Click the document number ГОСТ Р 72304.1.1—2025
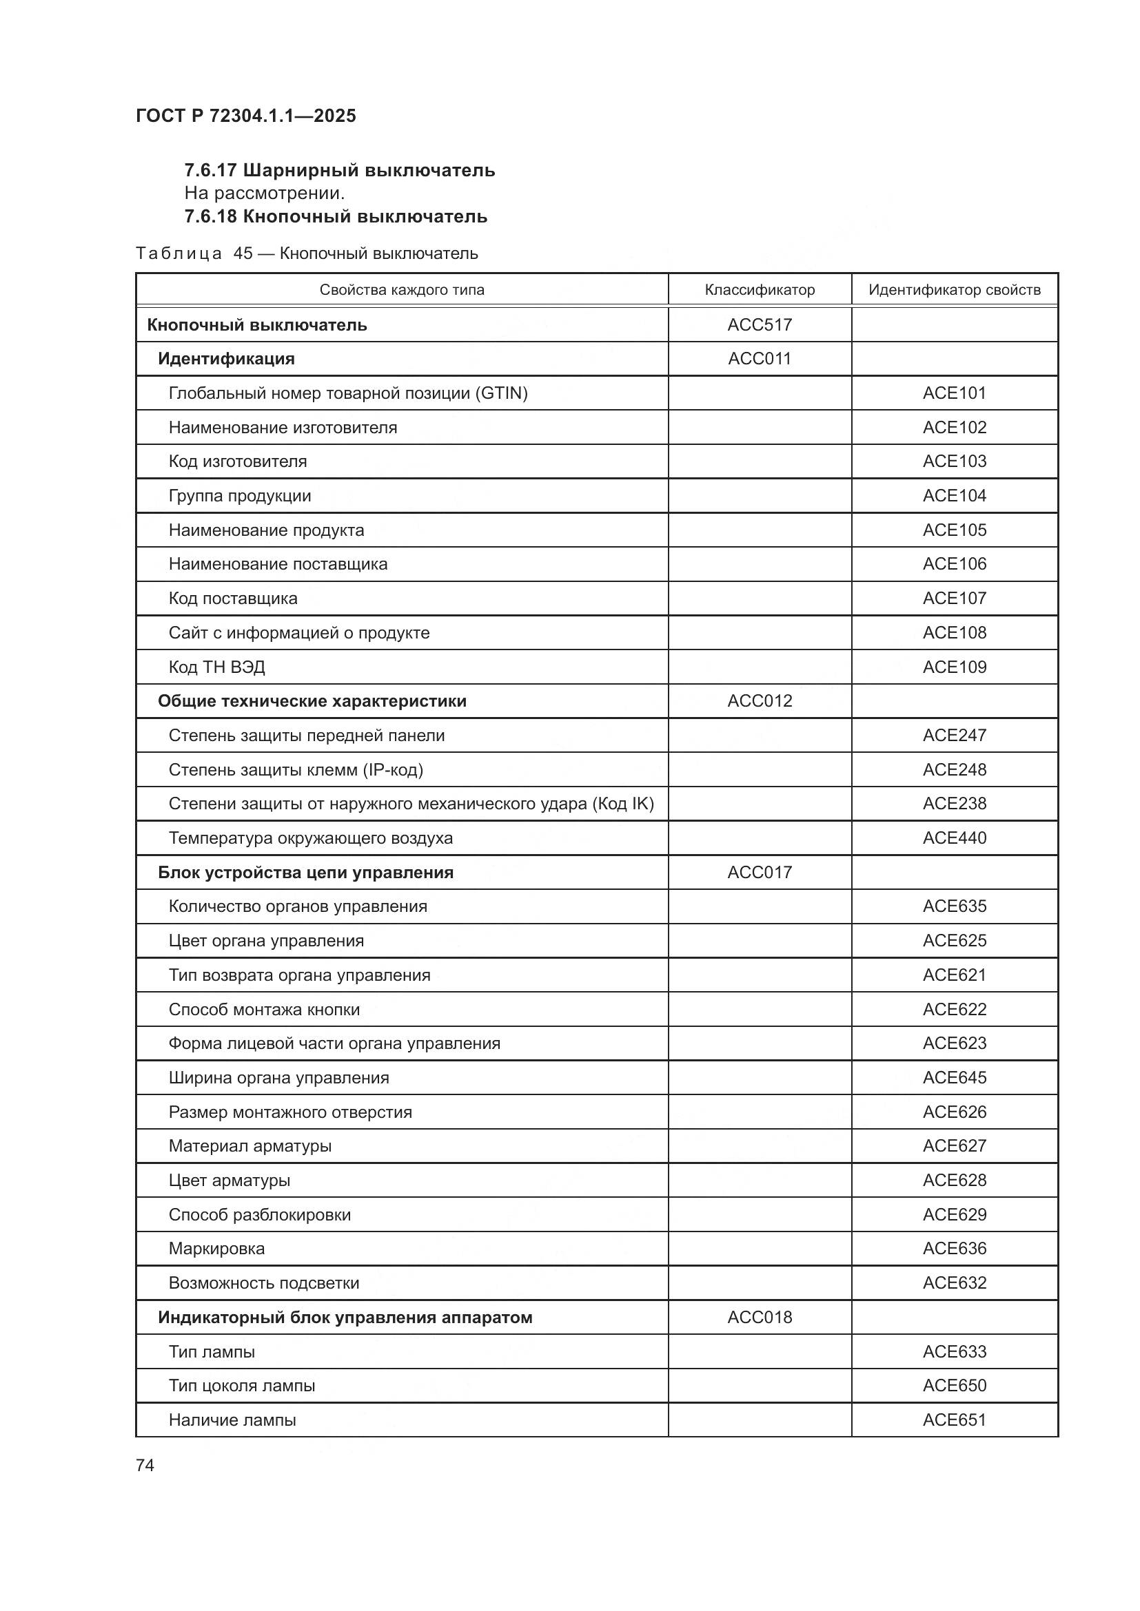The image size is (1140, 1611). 245,116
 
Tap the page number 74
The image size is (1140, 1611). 145,1465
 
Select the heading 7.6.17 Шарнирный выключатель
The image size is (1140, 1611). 340,171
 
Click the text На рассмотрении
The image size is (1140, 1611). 265,193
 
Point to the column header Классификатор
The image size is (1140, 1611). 760,290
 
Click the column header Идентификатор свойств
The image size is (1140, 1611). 954,290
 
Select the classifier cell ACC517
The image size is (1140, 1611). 760,325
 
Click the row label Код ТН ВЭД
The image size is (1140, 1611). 217,667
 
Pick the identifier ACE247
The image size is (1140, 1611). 954,736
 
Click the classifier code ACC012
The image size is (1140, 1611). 760,701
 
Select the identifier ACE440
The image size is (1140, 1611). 954,838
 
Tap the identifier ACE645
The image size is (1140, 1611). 954,1078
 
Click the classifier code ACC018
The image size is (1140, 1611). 760,1317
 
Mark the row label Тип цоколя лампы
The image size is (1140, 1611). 241,1386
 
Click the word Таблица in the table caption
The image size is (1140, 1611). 179,254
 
